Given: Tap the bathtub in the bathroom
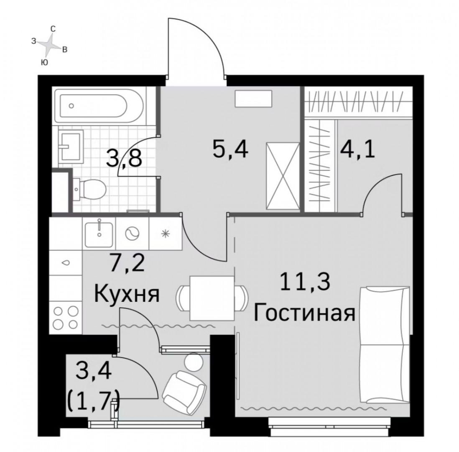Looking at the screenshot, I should click(x=92, y=106).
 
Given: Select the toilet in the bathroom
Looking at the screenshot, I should click(x=90, y=190).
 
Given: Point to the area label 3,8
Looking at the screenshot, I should click(x=125, y=158).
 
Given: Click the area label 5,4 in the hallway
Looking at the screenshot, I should click(x=230, y=149).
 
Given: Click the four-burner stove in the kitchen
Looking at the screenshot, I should click(x=66, y=318).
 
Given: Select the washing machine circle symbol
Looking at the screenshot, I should click(x=133, y=234).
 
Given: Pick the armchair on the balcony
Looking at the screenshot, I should click(x=184, y=389).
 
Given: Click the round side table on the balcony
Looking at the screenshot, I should click(x=194, y=361).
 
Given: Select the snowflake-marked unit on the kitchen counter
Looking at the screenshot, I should click(x=166, y=234).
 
